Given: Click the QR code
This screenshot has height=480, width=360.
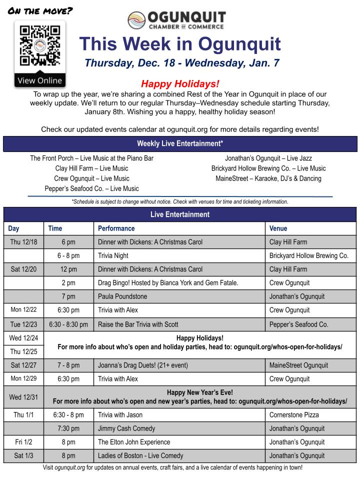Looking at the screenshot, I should pyautogui.click(x=39, y=46).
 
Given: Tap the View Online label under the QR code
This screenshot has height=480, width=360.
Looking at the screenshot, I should pyautogui.click(x=39, y=80).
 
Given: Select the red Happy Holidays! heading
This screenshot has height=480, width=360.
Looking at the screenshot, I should pyautogui.click(x=179, y=83).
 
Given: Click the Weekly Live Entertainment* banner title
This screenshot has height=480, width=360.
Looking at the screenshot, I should pyautogui.click(x=180, y=144).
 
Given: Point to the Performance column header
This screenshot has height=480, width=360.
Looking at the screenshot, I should pyautogui.click(x=116, y=228).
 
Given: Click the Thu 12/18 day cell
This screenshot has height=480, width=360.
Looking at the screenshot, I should pyautogui.click(x=23, y=242).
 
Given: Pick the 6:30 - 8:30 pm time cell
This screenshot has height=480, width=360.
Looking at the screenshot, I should pyautogui.click(x=68, y=324).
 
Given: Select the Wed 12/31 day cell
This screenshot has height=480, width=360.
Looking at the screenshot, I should pyautogui.click(x=23, y=397).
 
